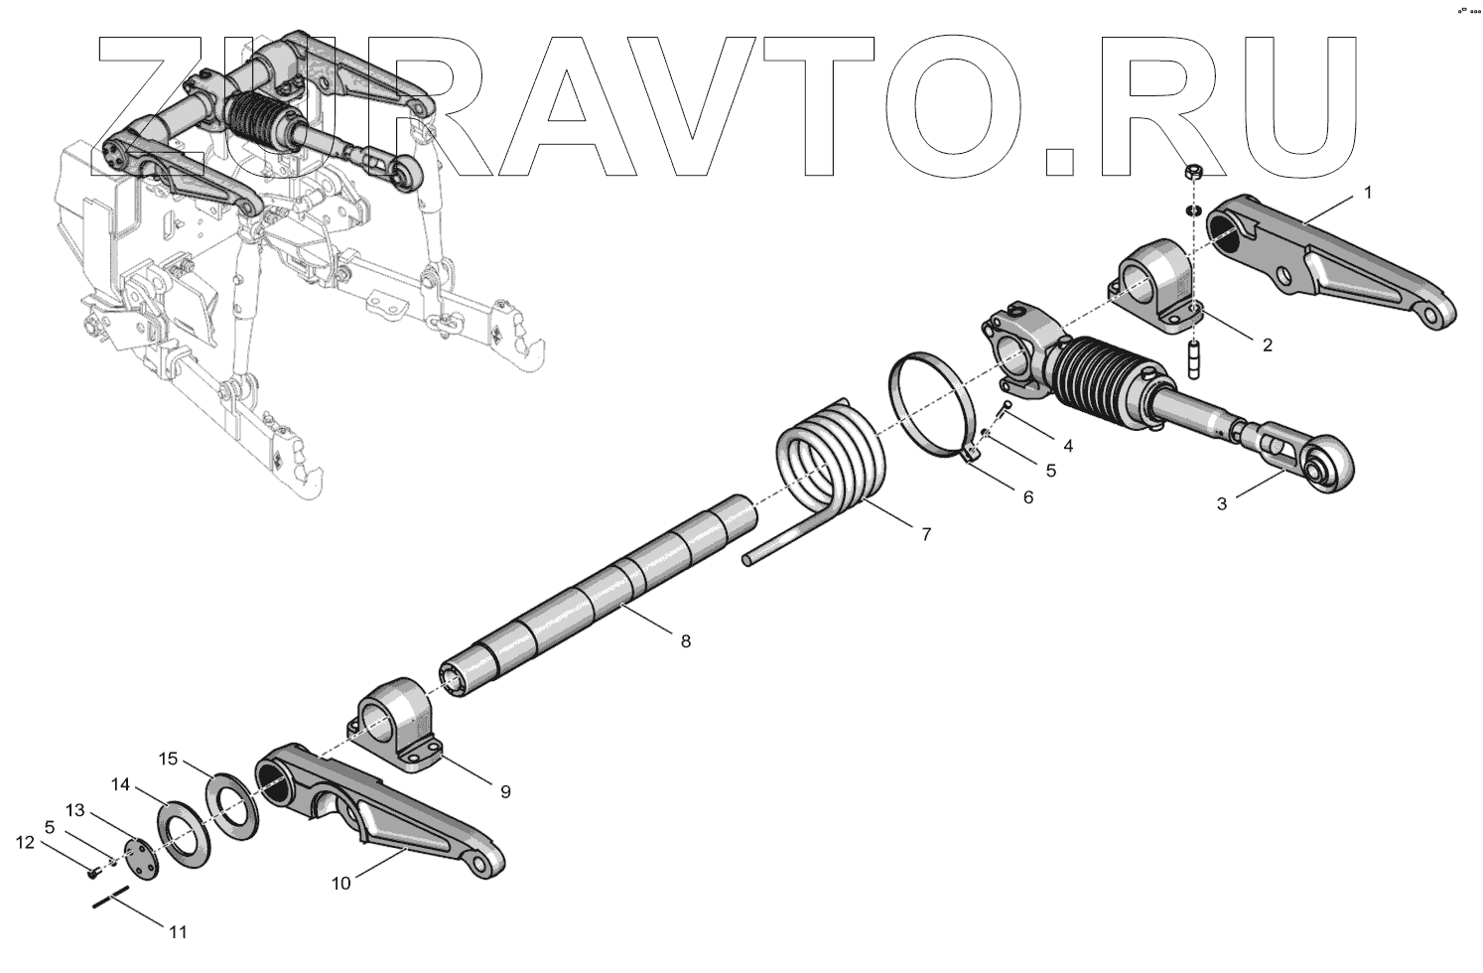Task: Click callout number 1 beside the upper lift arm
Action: (1368, 193)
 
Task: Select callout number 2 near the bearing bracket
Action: (1267, 346)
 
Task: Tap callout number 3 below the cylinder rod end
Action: (1222, 503)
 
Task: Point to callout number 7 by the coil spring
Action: (925, 534)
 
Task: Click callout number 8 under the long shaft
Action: (685, 641)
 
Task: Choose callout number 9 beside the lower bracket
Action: (504, 791)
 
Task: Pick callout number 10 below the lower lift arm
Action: (340, 884)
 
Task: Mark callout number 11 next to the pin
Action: (178, 932)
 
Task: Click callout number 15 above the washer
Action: (169, 760)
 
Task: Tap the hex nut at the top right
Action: (1196, 172)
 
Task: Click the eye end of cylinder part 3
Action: (1323, 468)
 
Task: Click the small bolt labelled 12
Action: (91, 874)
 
